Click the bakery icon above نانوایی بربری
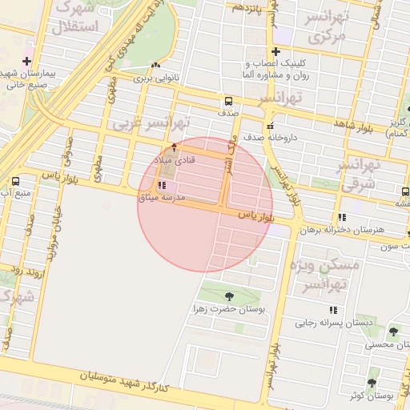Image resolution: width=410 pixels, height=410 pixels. (x=155, y=66)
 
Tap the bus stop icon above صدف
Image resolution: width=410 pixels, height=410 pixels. (x=230, y=102)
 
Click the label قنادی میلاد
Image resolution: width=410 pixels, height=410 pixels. (x=175, y=162)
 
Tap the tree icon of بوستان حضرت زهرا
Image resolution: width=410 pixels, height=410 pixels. (x=230, y=295)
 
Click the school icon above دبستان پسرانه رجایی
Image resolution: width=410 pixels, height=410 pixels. (x=332, y=310)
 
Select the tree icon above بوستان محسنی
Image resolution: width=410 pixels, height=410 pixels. (x=392, y=331)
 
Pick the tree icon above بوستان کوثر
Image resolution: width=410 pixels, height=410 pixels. (x=372, y=381)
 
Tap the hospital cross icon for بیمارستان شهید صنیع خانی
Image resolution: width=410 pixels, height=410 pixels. (x=27, y=61)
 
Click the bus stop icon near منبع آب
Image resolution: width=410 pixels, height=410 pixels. (x=15, y=181)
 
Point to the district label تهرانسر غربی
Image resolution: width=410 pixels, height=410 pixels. (x=152, y=123)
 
